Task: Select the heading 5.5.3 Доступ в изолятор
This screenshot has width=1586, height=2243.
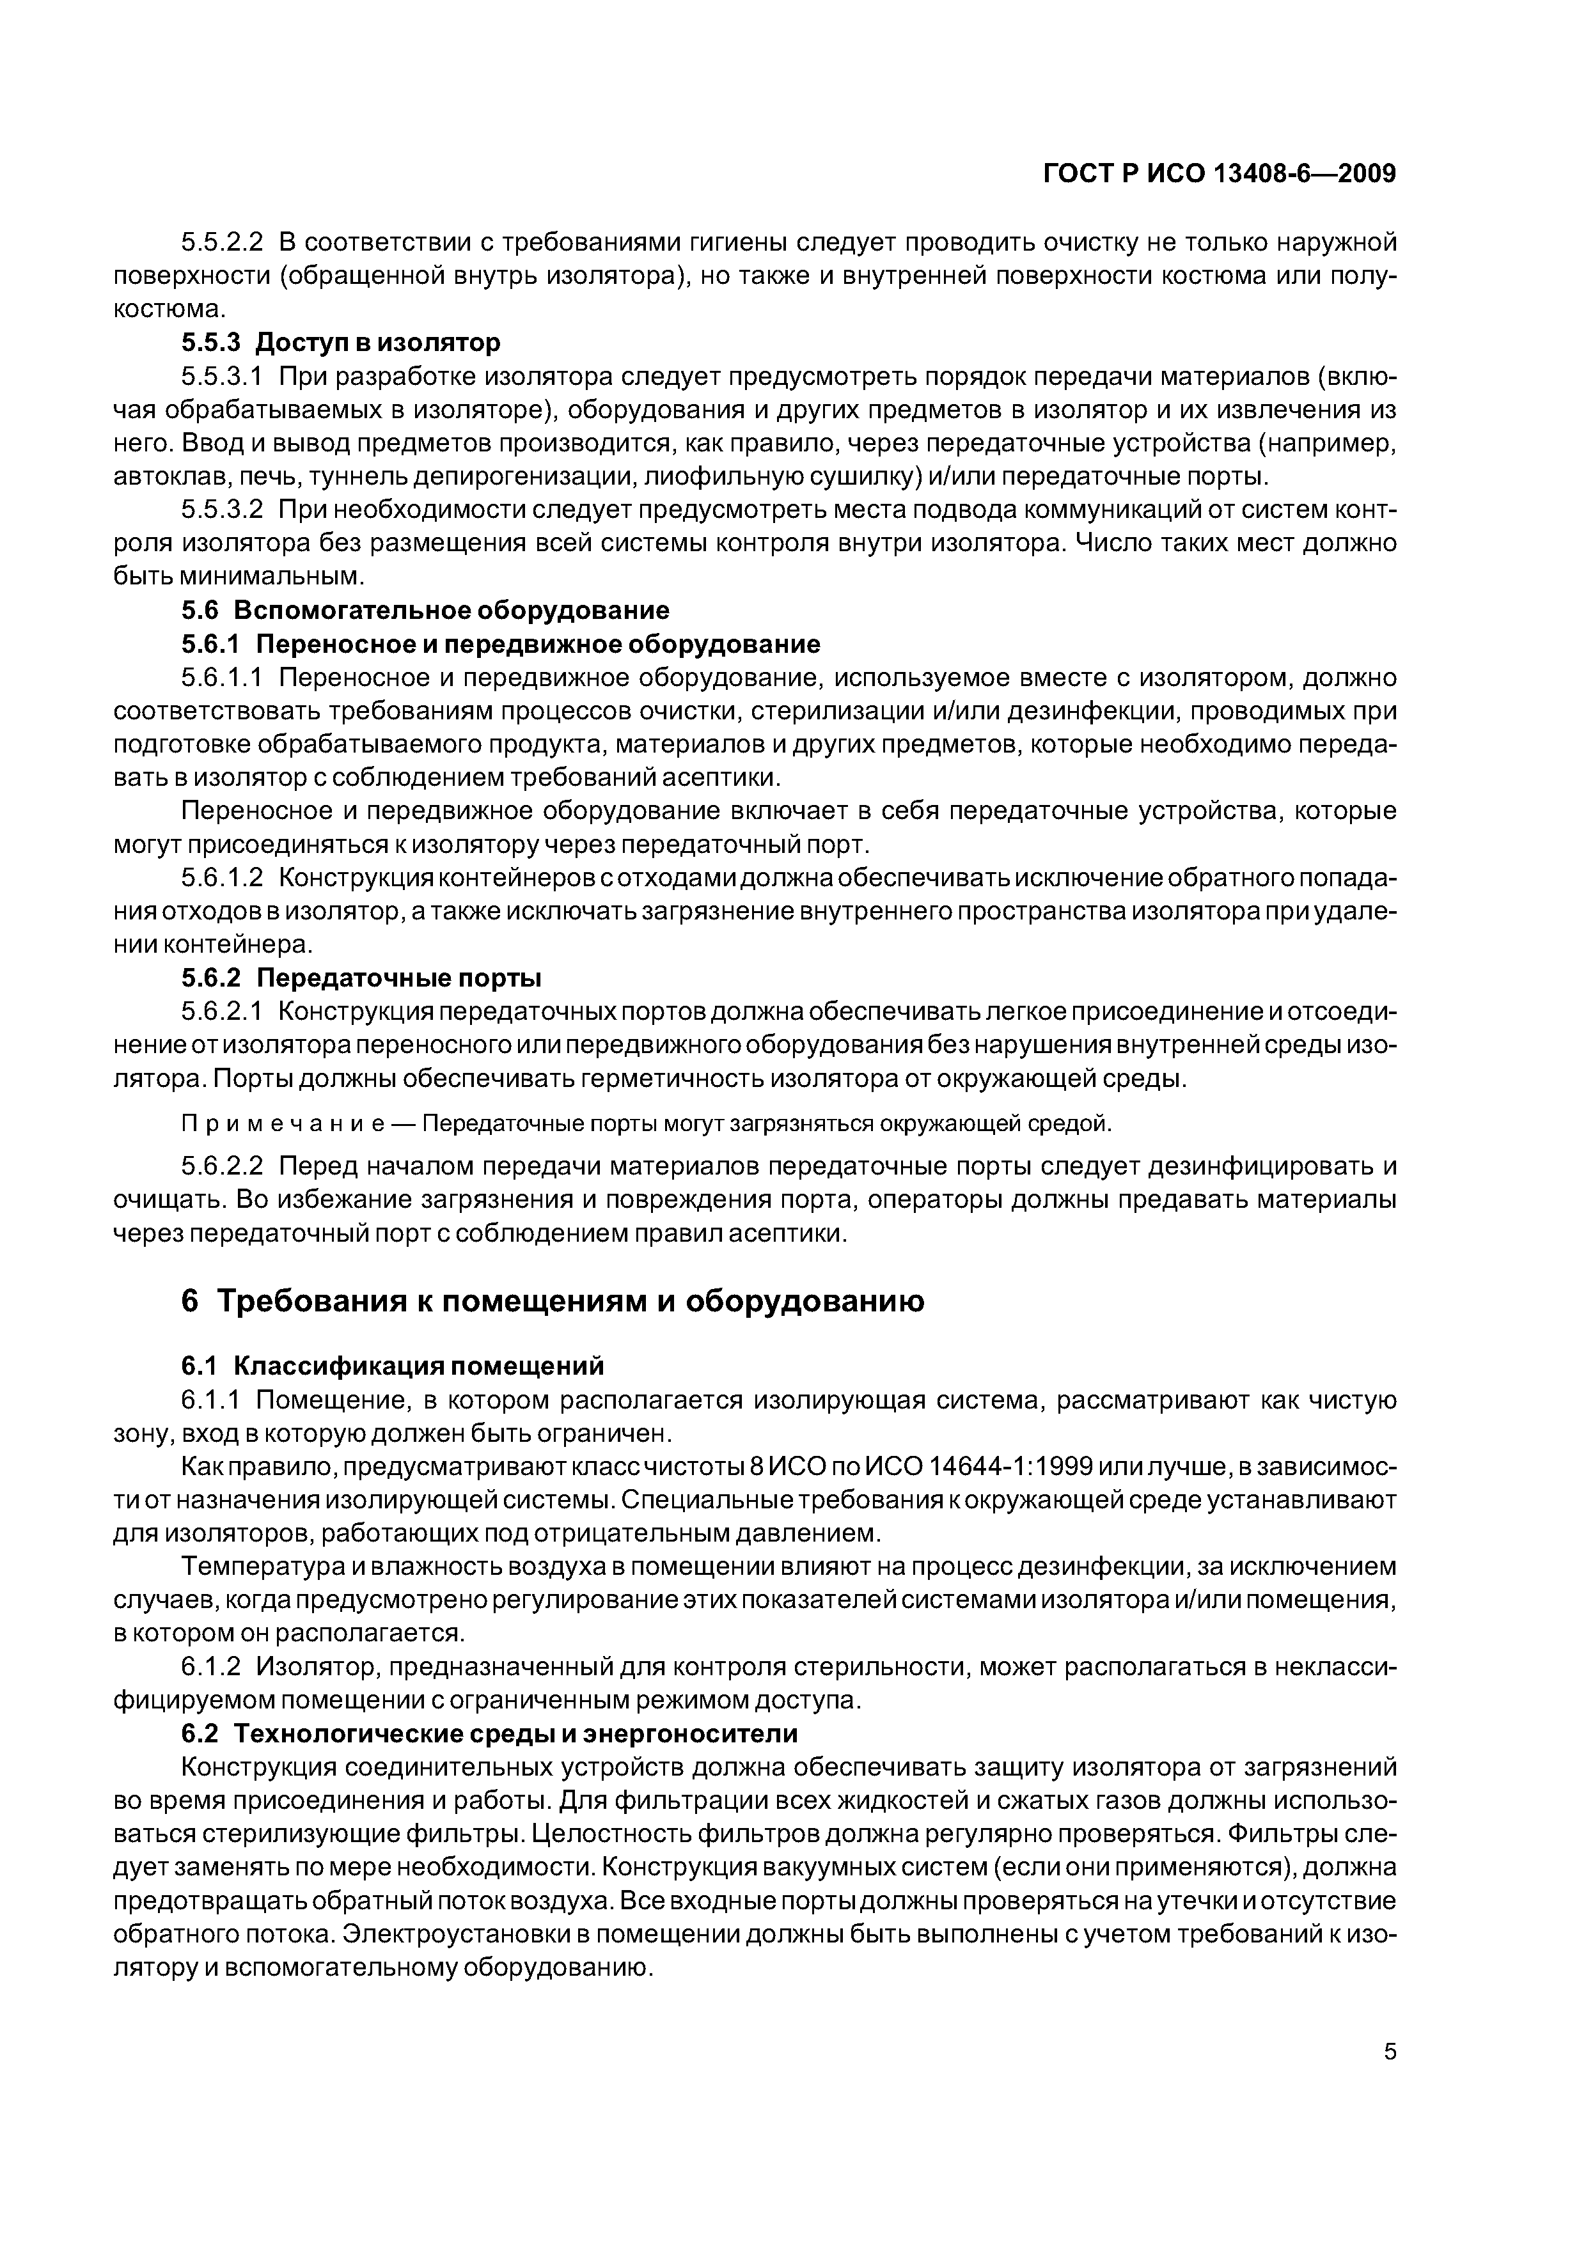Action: click(341, 342)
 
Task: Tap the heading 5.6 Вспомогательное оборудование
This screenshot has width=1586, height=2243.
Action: click(425, 611)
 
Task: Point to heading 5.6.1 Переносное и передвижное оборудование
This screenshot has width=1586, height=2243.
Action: click(500, 644)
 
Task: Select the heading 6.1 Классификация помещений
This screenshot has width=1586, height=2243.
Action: click(393, 1364)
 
